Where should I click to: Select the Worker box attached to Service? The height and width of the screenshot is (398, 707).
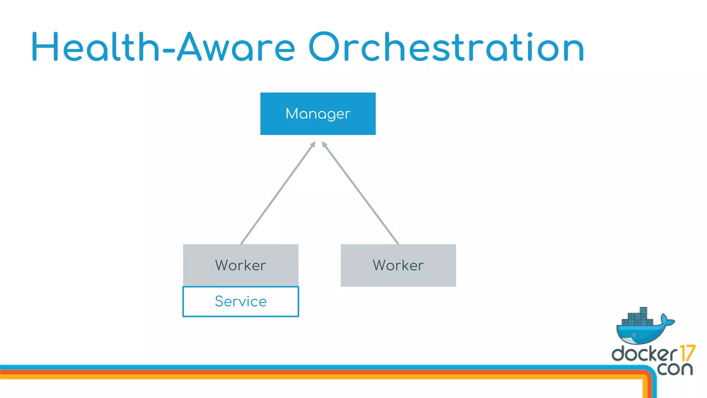pyautogui.click(x=241, y=265)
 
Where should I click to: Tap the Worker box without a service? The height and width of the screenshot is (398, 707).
pyautogui.click(x=398, y=265)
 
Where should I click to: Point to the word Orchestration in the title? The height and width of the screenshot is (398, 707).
pyautogui.click(x=446, y=47)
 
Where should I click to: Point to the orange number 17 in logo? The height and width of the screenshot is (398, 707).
pyautogui.click(x=687, y=353)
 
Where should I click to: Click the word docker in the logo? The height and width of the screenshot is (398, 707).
pyautogui.click(x=644, y=354)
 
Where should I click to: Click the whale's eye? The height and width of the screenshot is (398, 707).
pyautogui.click(x=634, y=335)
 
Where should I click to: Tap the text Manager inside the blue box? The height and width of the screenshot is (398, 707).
pyautogui.click(x=318, y=114)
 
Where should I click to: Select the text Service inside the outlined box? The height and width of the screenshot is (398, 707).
pyautogui.click(x=241, y=302)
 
